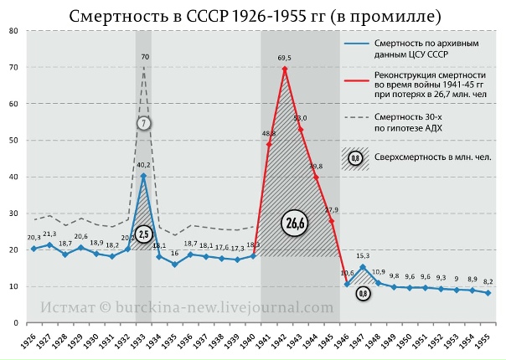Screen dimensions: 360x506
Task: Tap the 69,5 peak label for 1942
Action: [x=285, y=58]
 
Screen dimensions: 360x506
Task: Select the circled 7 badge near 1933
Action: [x=144, y=122]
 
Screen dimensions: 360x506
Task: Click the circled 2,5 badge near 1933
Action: [x=144, y=234]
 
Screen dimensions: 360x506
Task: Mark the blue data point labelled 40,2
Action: [x=143, y=176]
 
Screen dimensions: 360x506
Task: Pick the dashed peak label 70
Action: [x=145, y=57]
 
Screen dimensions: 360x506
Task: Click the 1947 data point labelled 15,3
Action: [x=363, y=267]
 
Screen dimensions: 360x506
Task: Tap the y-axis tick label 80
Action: [x=14, y=31]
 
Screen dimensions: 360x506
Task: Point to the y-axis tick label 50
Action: [x=14, y=141]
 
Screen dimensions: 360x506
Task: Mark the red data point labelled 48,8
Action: [x=269, y=144]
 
